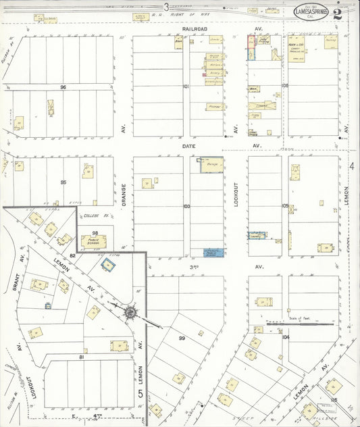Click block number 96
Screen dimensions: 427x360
(x=63, y=87)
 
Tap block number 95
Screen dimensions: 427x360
(x=63, y=182)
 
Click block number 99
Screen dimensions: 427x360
(x=182, y=338)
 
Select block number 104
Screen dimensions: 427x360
(x=285, y=336)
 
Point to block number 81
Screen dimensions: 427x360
(x=82, y=356)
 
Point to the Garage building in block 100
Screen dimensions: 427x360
(x=213, y=164)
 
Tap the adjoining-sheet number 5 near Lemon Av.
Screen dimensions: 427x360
(x=141, y=393)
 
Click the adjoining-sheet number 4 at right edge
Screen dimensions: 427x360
(x=352, y=166)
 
